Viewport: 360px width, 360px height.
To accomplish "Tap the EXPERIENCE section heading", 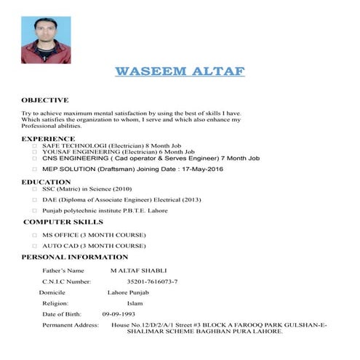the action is point(48,138).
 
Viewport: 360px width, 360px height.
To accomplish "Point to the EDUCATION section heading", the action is point(46,182).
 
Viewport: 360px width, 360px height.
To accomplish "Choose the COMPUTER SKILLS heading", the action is point(64,222).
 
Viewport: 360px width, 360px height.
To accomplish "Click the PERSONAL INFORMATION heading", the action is point(75,257).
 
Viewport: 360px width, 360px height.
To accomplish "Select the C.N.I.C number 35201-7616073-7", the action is point(152,281).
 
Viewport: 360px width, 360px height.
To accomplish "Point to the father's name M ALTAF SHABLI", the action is point(143,271).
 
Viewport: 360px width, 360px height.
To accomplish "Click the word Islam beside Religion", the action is point(135,303).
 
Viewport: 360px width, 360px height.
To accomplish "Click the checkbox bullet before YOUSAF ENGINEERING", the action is point(34,151).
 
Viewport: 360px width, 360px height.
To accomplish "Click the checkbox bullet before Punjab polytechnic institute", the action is point(34,210).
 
